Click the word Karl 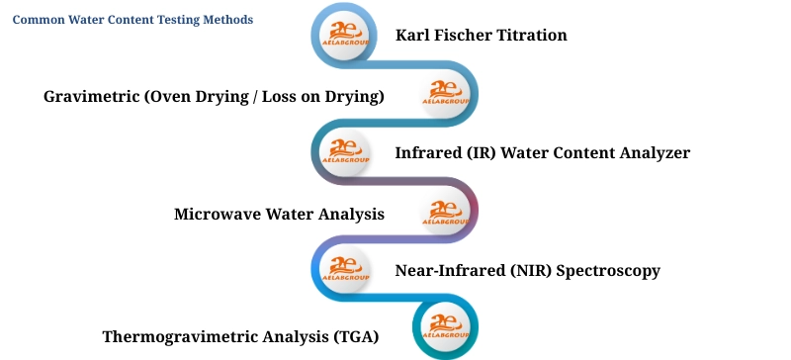click(413, 36)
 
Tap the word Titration click(534, 36)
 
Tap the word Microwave click(217, 214)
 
